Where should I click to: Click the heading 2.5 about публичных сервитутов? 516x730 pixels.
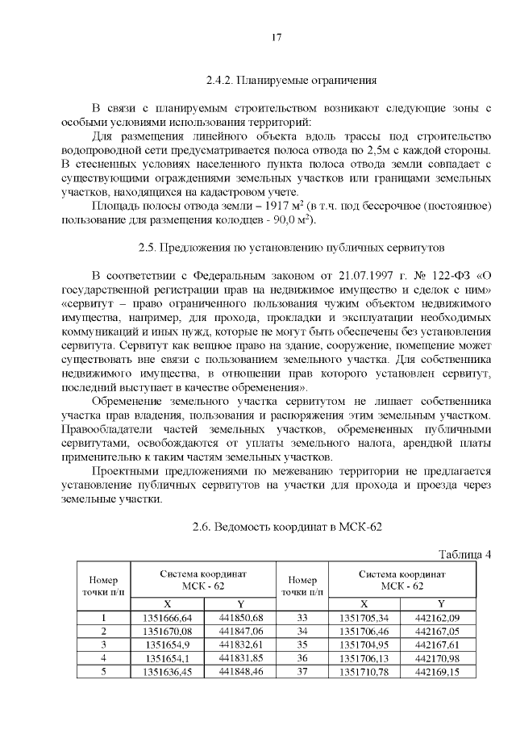291,246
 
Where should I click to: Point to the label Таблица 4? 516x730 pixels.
464,553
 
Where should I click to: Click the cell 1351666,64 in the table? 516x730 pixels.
167,618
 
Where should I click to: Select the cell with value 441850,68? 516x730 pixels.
240,618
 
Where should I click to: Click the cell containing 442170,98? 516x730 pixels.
440,658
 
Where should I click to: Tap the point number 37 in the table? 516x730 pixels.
303,672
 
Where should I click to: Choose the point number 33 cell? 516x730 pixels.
303,618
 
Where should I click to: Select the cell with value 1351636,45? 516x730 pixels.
167,672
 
